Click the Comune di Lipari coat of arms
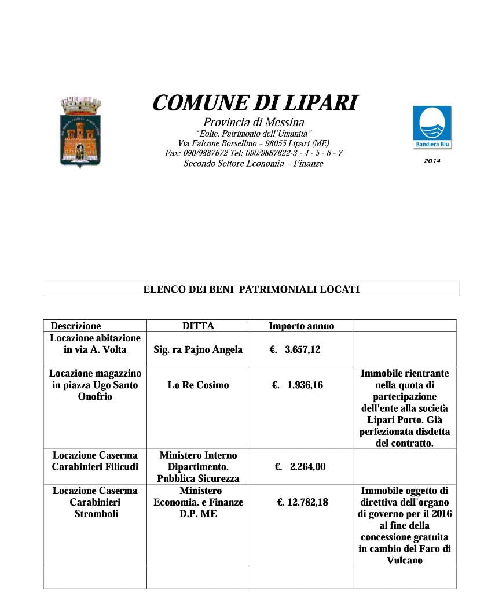[x=80, y=132]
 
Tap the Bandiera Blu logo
[x=432, y=127]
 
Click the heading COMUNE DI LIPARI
[x=255, y=103]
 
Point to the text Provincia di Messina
[x=254, y=122]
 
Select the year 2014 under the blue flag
[x=432, y=161]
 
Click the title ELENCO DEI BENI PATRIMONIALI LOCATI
[x=251, y=289]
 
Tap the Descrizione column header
[x=76, y=326]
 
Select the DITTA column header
[x=198, y=326]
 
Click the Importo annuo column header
[x=301, y=326]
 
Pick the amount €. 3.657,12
[x=295, y=349]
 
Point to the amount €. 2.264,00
[x=300, y=467]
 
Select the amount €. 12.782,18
[x=302, y=502]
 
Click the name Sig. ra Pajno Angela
[x=198, y=349]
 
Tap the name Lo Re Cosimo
[x=198, y=385]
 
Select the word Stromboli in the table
[x=95, y=514]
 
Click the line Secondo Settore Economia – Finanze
[x=254, y=164]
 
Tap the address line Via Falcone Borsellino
[x=254, y=143]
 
